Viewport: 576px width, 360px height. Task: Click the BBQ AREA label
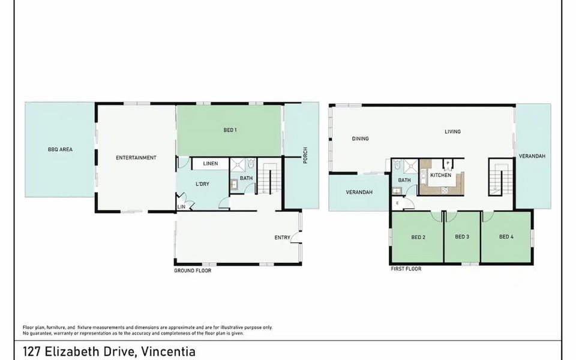click(x=60, y=149)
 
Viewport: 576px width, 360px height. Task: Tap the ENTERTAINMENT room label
click(x=136, y=158)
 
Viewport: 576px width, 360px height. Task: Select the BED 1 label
click(x=230, y=130)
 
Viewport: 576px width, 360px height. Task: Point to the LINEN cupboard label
click(x=211, y=163)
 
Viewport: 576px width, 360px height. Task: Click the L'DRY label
click(x=202, y=184)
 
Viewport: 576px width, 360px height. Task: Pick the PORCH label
click(x=305, y=155)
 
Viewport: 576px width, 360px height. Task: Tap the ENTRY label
click(x=282, y=238)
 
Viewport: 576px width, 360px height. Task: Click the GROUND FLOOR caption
click(x=193, y=271)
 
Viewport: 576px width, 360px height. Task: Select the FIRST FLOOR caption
click(x=406, y=269)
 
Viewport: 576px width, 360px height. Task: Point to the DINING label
click(x=360, y=139)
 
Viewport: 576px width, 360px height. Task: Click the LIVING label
click(x=452, y=131)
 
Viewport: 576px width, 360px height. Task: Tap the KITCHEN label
click(x=440, y=175)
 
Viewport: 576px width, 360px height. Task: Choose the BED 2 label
click(x=418, y=238)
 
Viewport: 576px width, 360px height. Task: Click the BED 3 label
click(x=462, y=236)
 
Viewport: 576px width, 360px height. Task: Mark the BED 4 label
click(x=506, y=236)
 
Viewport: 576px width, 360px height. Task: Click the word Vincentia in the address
click(x=169, y=352)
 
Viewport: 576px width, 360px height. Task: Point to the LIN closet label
click(x=181, y=207)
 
